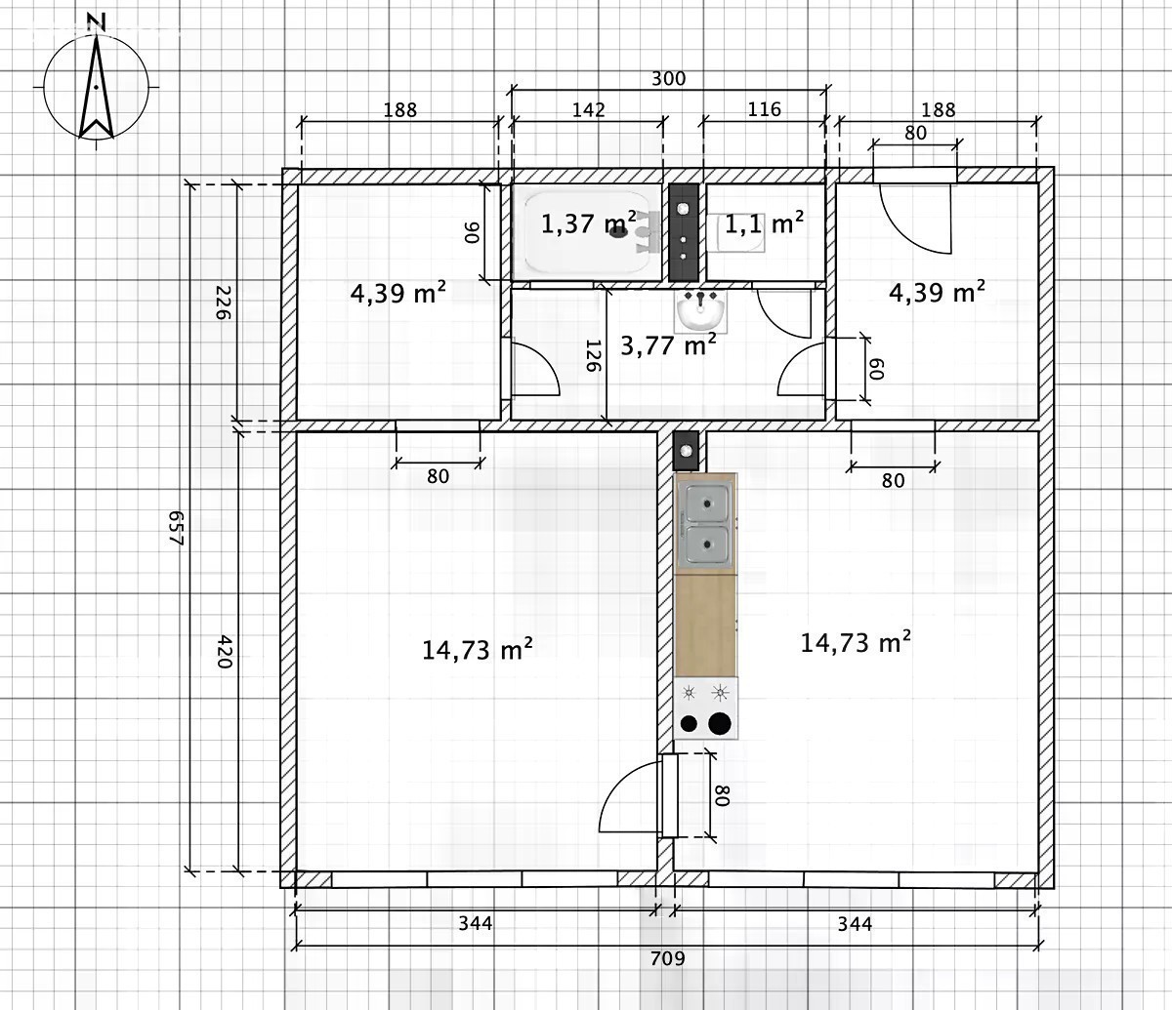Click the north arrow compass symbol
(97, 85)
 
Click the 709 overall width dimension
(667, 958)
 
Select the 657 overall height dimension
(178, 527)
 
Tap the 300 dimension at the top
(668, 78)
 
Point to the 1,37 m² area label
(588, 223)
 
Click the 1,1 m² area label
(764, 224)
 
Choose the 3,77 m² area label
(668, 344)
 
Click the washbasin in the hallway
(700, 310)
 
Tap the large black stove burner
(720, 723)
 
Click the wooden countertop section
(705, 626)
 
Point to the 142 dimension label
(589, 109)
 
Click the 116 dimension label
(765, 108)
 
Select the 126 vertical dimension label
(593, 355)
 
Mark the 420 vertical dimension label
(225, 651)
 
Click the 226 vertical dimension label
(224, 303)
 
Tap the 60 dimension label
(875, 369)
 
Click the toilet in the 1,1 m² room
(736, 233)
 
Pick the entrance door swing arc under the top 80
(901, 231)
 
